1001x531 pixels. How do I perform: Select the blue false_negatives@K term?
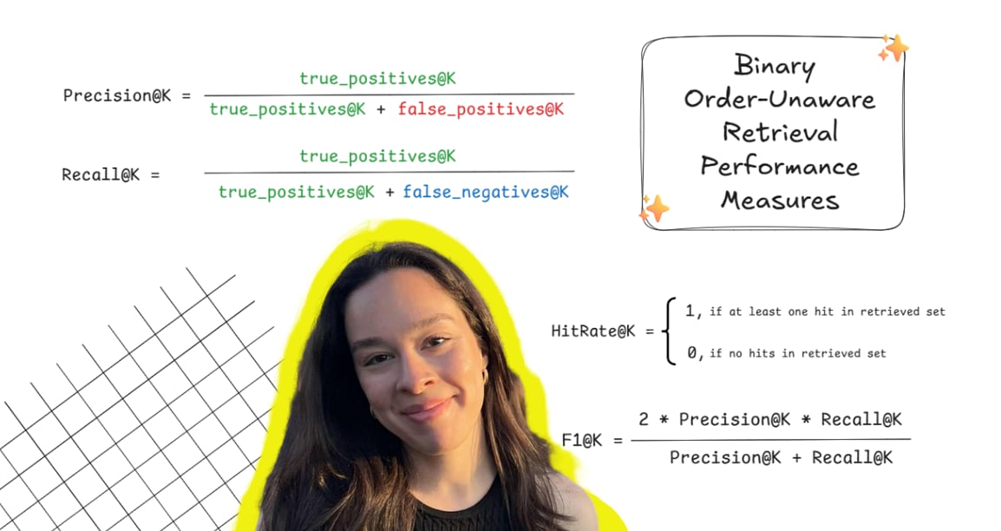pyautogui.click(x=486, y=192)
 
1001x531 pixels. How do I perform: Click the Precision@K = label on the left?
pyautogui.click(x=127, y=95)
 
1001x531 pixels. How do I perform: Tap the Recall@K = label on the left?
pyautogui.click(x=111, y=174)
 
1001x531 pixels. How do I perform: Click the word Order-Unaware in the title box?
pyautogui.click(x=779, y=98)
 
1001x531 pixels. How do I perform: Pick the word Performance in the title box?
pyautogui.click(x=780, y=166)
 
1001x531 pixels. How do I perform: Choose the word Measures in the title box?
pyautogui.click(x=780, y=200)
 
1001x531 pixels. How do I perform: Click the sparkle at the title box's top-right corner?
pyautogui.click(x=893, y=49)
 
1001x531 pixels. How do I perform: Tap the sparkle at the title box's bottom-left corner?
pyautogui.click(x=655, y=208)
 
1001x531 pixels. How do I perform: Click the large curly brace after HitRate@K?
pyautogui.click(x=669, y=331)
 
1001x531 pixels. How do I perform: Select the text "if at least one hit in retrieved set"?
pyautogui.click(x=827, y=311)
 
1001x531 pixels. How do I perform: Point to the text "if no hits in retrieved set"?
pyautogui.click(x=797, y=353)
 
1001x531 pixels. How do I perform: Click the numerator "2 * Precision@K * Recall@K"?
pyautogui.click(x=770, y=420)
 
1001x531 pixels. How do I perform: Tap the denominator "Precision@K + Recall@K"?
pyautogui.click(x=780, y=457)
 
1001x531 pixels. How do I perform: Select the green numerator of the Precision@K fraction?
pyautogui.click(x=377, y=79)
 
